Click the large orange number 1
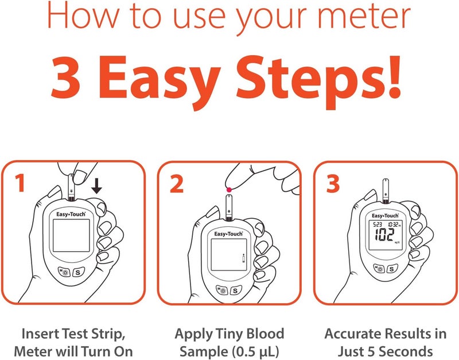coord(20,184)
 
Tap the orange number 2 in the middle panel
coord(177,184)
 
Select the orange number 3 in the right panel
coord(332,184)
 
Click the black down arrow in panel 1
coord(96,185)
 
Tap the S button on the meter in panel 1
coord(79,272)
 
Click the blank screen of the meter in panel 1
coord(69,242)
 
